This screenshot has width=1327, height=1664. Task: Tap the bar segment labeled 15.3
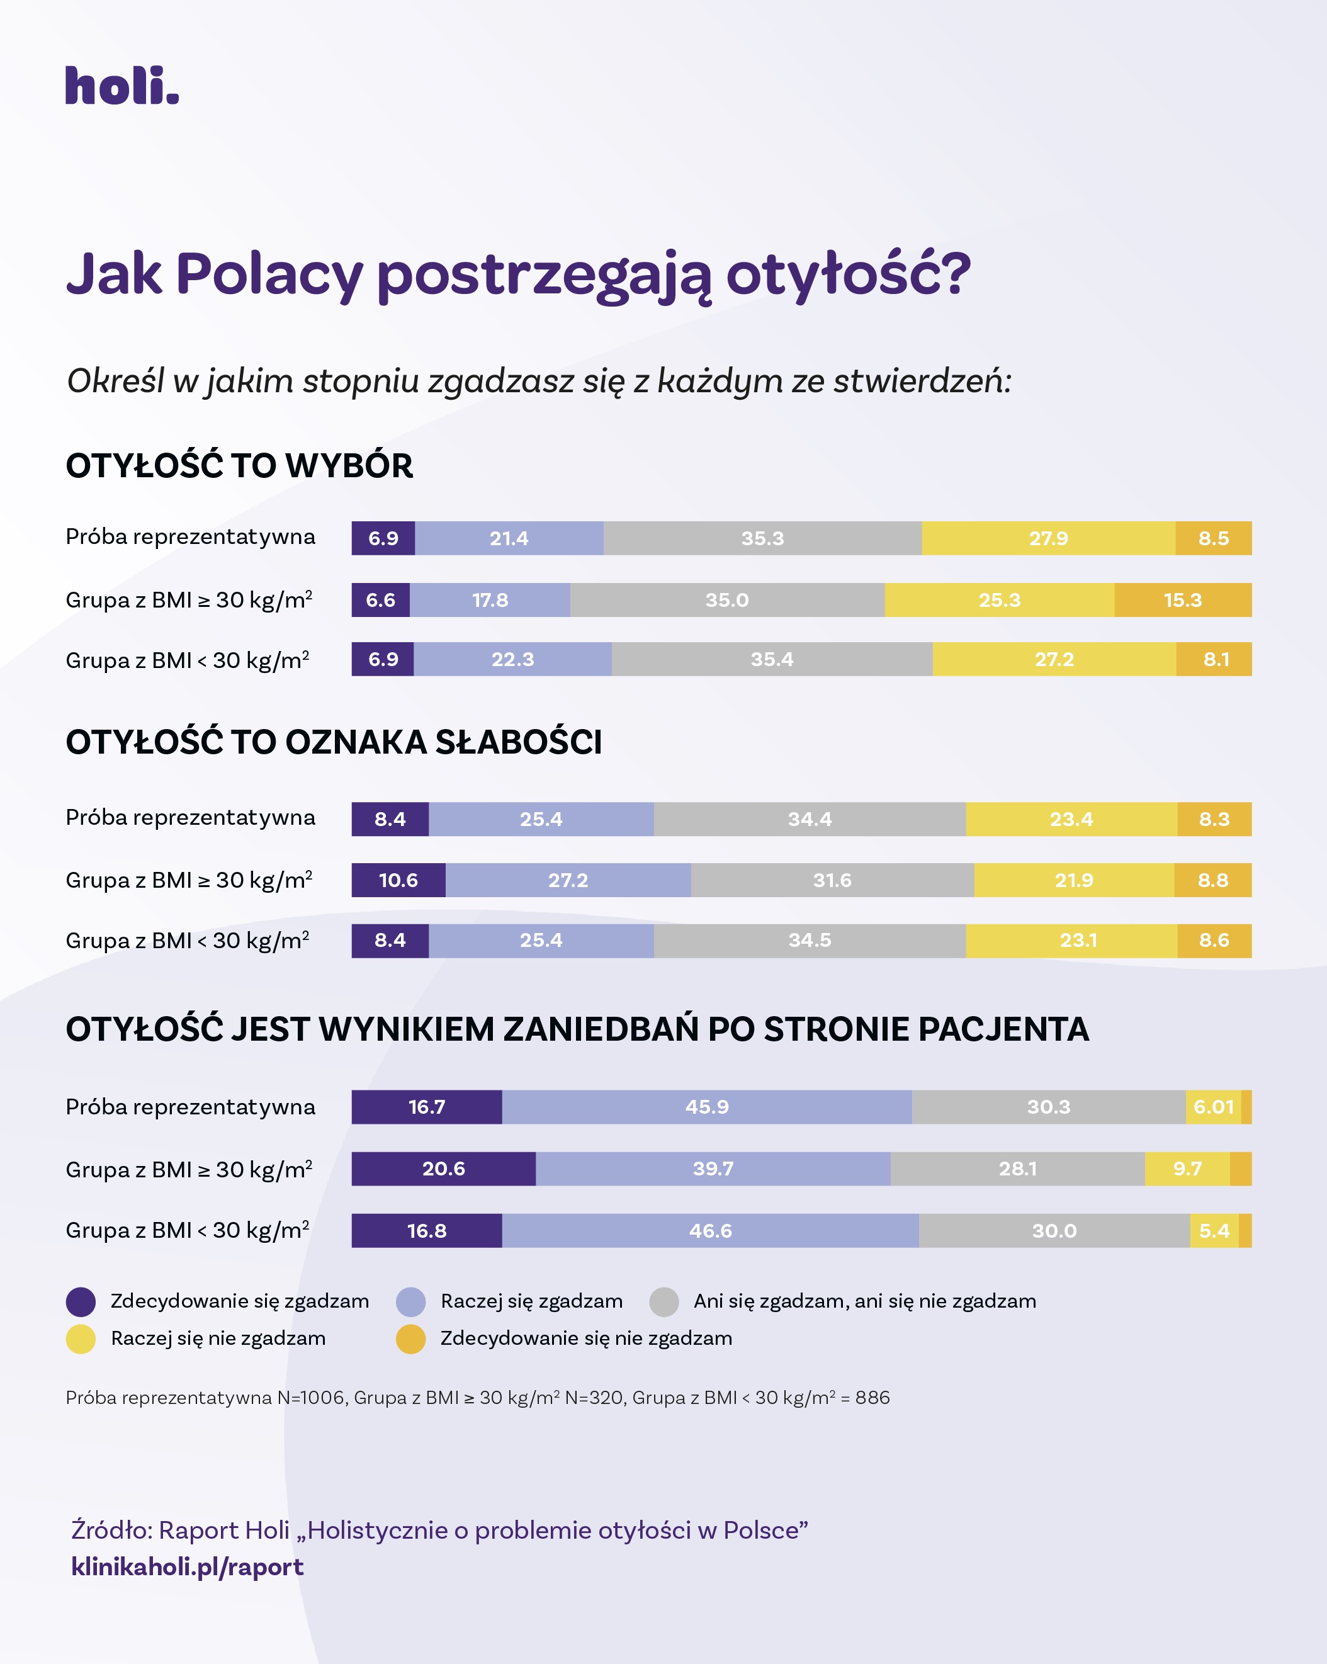pos(1183,600)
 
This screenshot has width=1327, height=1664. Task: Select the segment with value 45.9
pos(707,1107)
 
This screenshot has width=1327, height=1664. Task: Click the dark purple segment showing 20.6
pos(444,1169)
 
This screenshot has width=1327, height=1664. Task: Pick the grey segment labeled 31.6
pos(832,880)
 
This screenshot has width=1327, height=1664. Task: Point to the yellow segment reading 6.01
pos(1213,1107)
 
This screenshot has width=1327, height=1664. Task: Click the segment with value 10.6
pos(398,880)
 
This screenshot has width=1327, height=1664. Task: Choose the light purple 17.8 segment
pos(490,600)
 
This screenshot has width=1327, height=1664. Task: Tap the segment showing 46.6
pos(710,1230)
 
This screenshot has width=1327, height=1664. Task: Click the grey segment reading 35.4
pos(772,659)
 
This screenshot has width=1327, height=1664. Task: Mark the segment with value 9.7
pos(1187,1169)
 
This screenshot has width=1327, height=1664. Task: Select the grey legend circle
pos(663,1301)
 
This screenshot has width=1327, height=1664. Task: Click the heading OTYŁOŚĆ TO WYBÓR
pos(239,466)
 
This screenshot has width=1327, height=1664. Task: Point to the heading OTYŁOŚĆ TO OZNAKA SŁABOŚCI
pos(333,742)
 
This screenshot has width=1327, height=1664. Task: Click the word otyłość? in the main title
pos(848,275)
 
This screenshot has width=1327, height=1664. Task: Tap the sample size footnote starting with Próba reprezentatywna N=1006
pos(478,1398)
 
